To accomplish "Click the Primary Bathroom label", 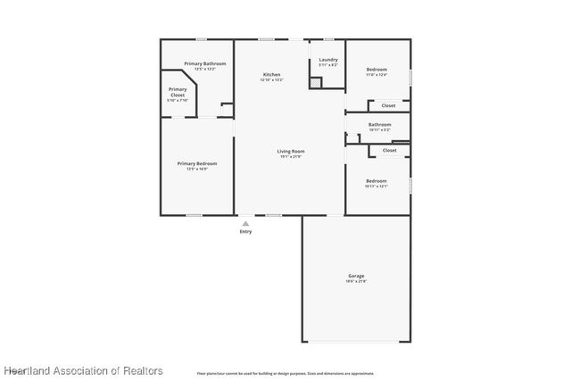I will [204, 63].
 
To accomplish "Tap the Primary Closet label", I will [178, 92].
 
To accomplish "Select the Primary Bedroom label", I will [197, 163].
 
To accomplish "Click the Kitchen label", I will [271, 74].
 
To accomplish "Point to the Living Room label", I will [291, 151].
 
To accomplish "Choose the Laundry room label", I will [328, 60].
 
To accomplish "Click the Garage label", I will [356, 276].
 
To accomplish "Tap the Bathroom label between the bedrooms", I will [379, 124].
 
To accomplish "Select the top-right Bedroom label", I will [377, 69].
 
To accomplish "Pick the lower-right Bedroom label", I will [376, 180].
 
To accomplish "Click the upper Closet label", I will [389, 105].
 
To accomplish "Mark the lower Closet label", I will [389, 150].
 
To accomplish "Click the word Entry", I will [245, 232].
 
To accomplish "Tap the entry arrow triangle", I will [245, 223].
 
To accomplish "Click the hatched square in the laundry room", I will [315, 82].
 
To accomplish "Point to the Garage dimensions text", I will [356, 282].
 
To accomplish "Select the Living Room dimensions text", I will [291, 157].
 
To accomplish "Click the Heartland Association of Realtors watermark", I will [83, 369].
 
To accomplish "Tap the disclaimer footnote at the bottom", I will [285, 373].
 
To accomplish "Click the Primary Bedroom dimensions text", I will [197, 170].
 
